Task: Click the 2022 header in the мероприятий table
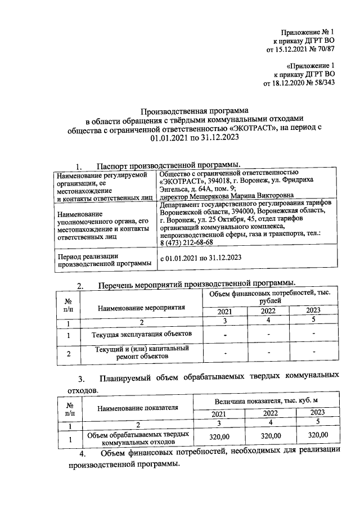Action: coord(268,312)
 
